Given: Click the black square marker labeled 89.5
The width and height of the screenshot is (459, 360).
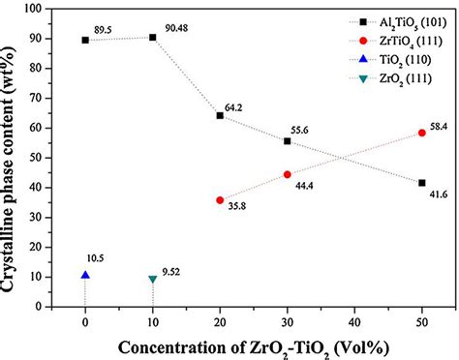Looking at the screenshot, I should tap(85, 40).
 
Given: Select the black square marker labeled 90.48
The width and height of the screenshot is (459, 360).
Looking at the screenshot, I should tap(152, 37).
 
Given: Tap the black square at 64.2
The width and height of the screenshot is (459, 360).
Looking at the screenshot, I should tap(220, 115).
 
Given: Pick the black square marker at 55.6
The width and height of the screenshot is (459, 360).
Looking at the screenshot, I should tap(287, 140).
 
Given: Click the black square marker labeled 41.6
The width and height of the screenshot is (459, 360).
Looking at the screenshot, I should tap(421, 182).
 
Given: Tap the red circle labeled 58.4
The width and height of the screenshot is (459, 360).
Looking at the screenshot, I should tap(421, 133).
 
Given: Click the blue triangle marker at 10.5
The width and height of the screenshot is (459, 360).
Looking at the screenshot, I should tap(85, 275).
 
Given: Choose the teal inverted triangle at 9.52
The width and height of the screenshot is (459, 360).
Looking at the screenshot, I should tap(152, 279).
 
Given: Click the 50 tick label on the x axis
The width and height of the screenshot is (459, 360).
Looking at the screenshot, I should tap(421, 320).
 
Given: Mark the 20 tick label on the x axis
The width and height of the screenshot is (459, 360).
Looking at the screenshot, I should tap(220, 320).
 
